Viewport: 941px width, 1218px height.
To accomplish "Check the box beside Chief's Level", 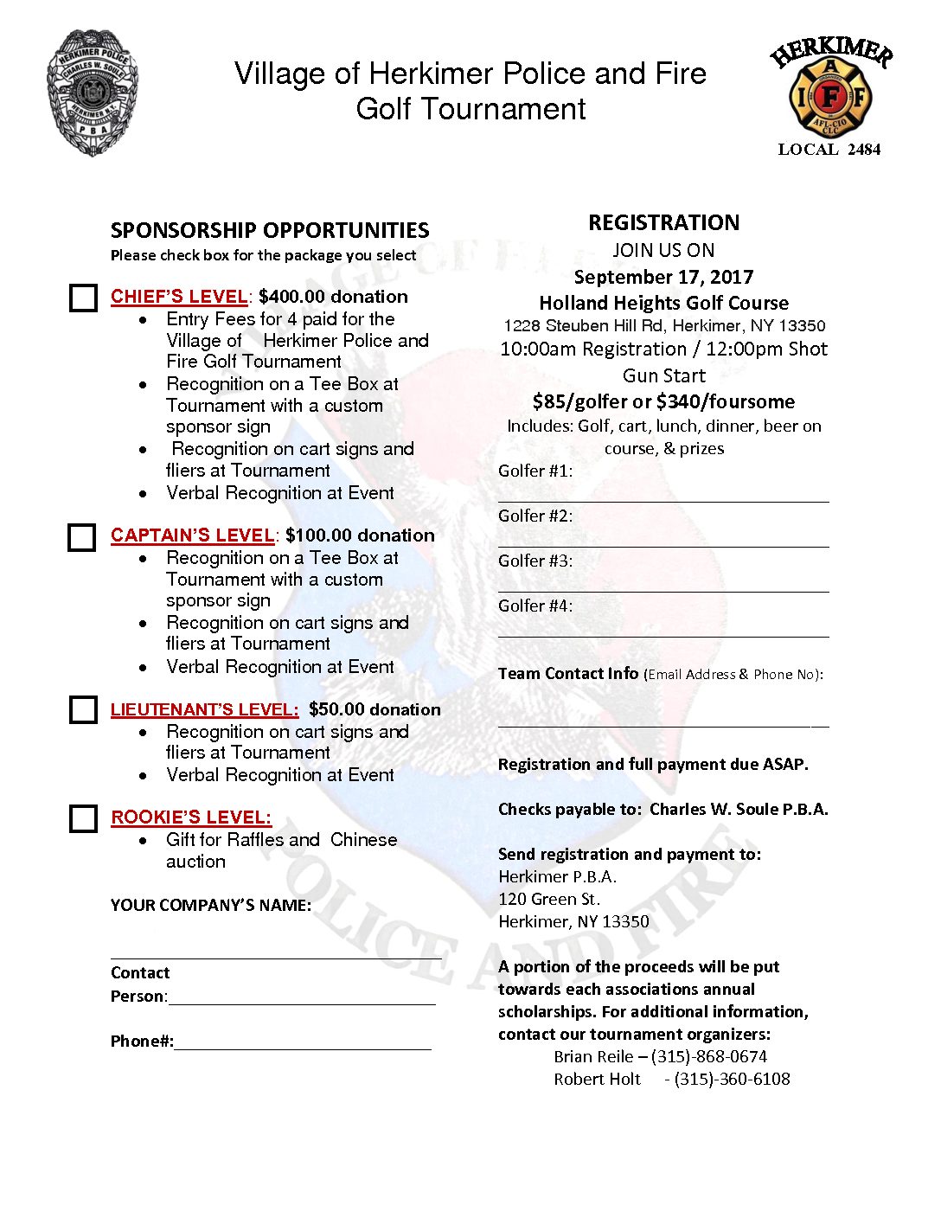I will point(83,298).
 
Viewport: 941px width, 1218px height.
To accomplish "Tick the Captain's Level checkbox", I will point(82,537).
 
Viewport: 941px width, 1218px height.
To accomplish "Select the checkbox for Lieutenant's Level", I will point(83,709).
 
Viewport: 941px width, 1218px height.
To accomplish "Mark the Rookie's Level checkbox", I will point(83,818).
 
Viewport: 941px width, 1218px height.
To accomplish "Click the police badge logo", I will point(93,93).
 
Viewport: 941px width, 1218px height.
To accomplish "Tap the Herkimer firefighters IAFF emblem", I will point(830,91).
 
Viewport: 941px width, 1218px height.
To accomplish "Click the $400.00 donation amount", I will point(333,297).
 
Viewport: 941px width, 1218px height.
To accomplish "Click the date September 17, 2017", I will point(663,277).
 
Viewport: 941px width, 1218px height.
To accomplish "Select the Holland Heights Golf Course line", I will point(663,303).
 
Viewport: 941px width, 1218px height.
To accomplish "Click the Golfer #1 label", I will point(535,471).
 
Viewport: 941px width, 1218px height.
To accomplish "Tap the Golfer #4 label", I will point(535,606).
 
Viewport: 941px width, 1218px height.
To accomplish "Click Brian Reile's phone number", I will point(709,1056).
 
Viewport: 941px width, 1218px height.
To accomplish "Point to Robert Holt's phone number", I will point(732,1079).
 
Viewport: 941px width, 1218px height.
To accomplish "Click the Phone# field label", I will point(142,1042).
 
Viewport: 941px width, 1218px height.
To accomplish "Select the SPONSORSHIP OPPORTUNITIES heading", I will point(270,230).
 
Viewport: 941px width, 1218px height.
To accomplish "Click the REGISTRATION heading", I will point(663,223).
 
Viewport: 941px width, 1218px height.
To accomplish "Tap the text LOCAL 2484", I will point(829,150).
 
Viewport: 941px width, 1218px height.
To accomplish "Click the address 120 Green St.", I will point(549,899).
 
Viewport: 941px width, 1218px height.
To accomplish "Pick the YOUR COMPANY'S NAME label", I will point(211,906).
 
